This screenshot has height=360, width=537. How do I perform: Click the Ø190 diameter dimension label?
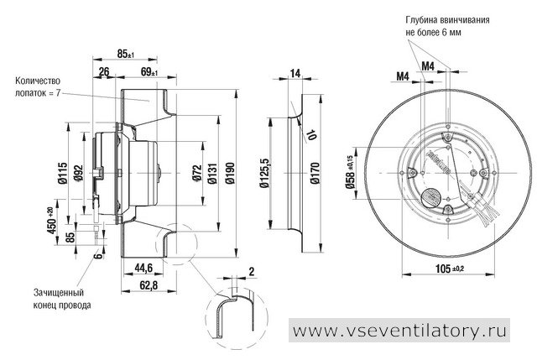point(231,173)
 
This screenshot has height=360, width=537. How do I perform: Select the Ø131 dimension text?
point(212,173)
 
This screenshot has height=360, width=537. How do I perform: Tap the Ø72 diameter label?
point(197,173)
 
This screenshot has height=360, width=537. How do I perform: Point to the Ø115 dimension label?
point(63,173)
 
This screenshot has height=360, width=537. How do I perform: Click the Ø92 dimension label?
point(78,174)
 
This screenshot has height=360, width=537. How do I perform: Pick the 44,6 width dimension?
point(143,268)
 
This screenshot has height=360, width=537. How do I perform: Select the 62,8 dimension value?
point(149,285)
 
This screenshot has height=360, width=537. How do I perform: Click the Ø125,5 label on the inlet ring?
point(265,173)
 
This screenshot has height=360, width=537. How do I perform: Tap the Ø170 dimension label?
point(315,173)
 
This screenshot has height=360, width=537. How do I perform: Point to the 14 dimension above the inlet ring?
point(295,73)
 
